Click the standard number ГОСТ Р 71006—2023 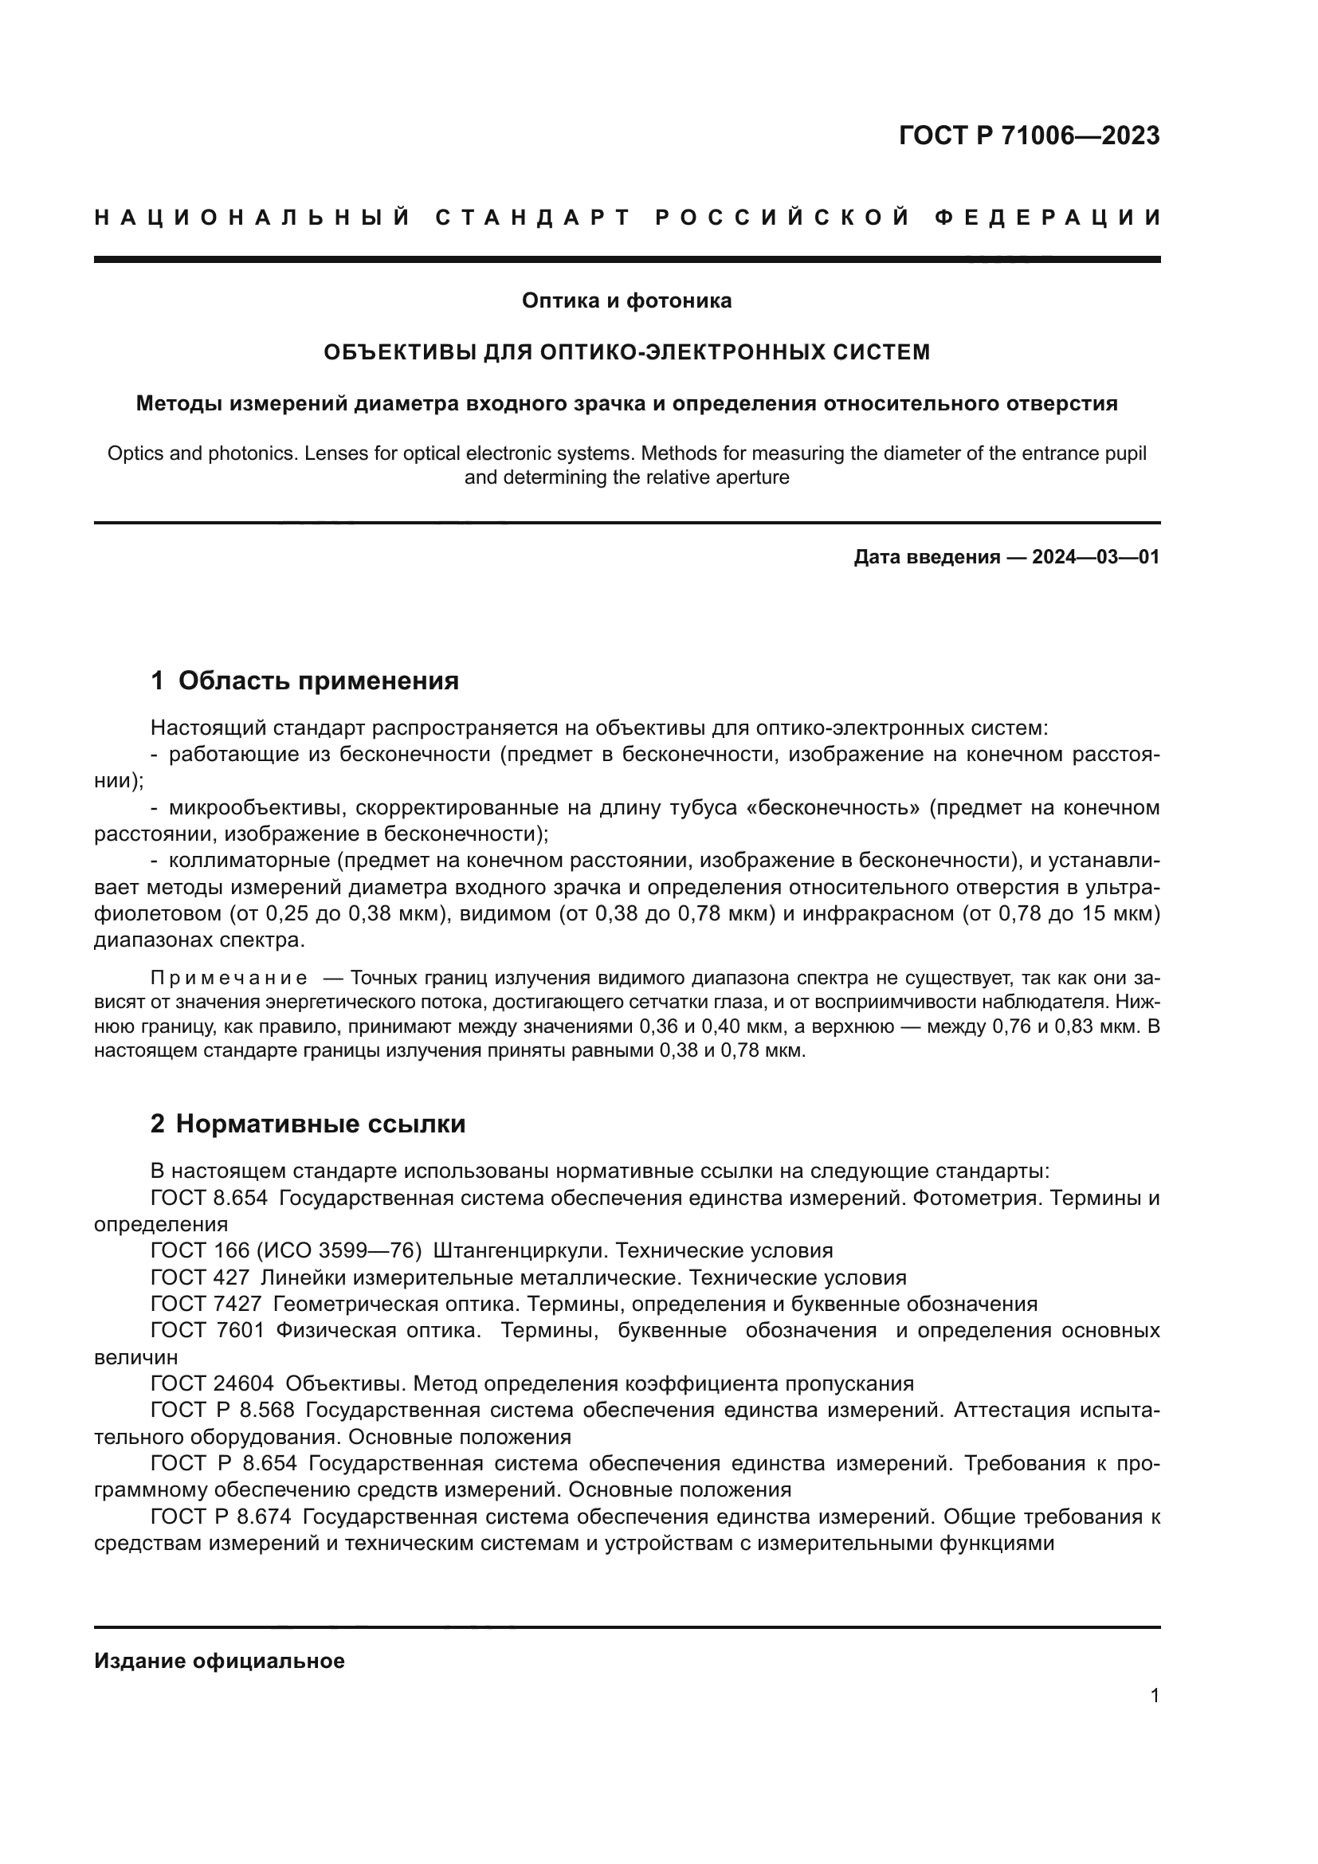point(1029,136)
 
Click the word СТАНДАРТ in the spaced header point(532,218)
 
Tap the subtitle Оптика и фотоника point(626,301)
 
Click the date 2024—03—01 point(1096,557)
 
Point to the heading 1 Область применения point(305,681)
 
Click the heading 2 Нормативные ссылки point(308,1124)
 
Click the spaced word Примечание point(228,978)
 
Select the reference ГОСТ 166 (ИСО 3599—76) point(286,1251)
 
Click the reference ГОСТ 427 point(200,1277)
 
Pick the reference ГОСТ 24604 point(212,1383)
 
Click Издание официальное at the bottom point(219,1661)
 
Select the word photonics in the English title point(236,453)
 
